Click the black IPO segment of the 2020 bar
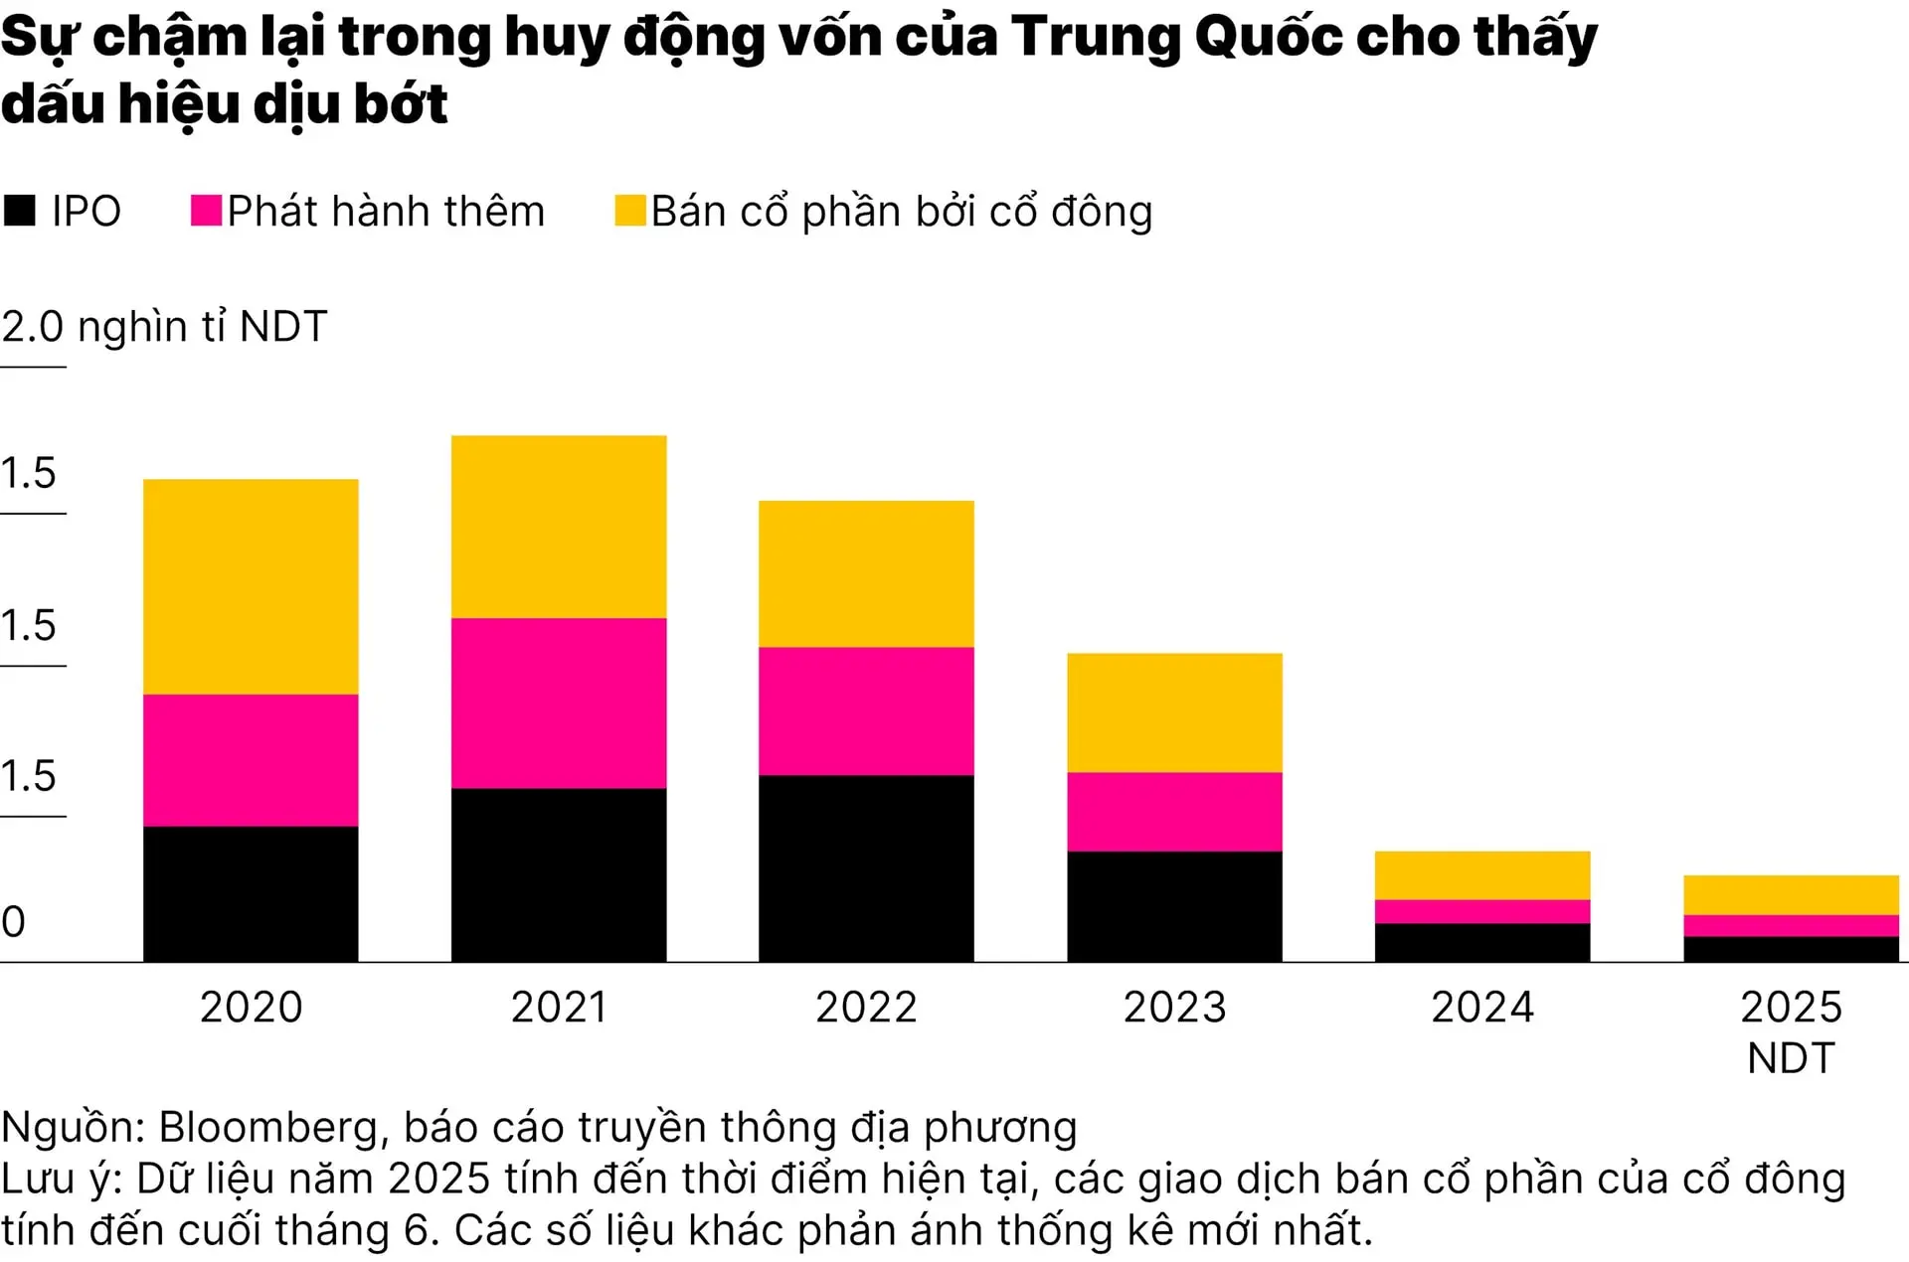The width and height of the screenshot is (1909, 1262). [x=251, y=893]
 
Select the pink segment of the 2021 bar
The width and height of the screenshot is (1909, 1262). [x=559, y=703]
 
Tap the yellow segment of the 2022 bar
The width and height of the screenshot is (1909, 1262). [x=866, y=573]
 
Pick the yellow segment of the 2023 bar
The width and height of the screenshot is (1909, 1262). [x=1174, y=711]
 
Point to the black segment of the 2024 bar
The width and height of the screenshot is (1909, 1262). [x=1482, y=942]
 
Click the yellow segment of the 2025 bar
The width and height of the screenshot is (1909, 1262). [x=1791, y=894]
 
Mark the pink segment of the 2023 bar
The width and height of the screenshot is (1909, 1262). [x=1174, y=811]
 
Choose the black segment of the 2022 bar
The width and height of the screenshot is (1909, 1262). [x=866, y=868]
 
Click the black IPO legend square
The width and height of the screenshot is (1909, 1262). [x=20, y=211]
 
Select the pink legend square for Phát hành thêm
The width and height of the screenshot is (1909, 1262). [x=206, y=211]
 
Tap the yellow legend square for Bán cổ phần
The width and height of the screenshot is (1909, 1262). [x=630, y=211]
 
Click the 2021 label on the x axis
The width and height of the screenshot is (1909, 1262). [x=559, y=1007]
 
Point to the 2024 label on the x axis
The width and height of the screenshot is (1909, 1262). [x=1482, y=1007]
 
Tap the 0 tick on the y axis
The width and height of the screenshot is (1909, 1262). [x=14, y=922]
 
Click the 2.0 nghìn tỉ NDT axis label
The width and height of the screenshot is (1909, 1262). [x=164, y=327]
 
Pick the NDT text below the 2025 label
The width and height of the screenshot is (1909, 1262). [x=1791, y=1058]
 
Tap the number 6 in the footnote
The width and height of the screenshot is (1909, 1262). [x=416, y=1230]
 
